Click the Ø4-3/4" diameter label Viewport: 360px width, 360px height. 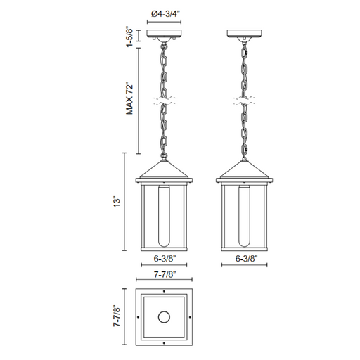(165, 14)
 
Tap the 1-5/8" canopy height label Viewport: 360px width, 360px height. (129, 37)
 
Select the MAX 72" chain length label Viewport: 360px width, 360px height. (129, 98)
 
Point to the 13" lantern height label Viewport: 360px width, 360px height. (117, 202)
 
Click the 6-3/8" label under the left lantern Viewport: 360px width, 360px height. (165, 258)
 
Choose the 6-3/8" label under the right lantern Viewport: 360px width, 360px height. (246, 258)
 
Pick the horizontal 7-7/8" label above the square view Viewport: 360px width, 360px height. (165, 274)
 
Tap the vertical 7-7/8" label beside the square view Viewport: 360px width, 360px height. (117, 316)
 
